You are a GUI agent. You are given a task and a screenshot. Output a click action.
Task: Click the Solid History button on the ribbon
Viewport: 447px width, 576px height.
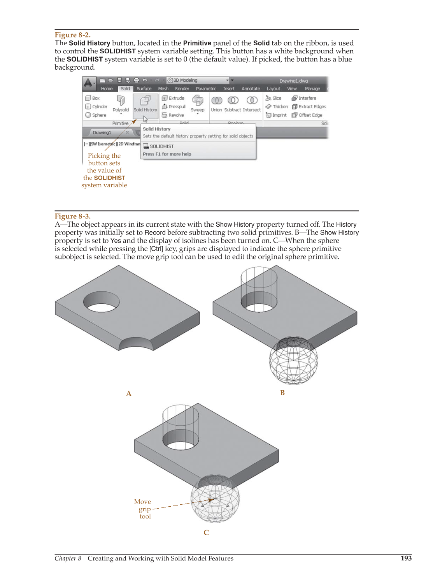pos(145,104)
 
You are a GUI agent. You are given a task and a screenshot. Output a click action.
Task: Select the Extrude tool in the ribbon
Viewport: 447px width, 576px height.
pos(173,98)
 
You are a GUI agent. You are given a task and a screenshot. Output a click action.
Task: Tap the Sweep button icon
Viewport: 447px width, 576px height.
pos(198,101)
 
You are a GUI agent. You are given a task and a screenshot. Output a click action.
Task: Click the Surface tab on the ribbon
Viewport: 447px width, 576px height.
pos(144,89)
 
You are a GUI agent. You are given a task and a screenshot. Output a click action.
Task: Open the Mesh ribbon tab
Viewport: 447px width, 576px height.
pos(163,89)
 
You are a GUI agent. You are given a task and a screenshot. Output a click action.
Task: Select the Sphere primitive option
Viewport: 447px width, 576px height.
pos(96,115)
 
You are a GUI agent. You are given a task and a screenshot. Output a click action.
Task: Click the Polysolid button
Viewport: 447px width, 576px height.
pos(121,104)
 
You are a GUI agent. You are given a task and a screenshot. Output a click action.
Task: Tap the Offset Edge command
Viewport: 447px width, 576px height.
pos(307,115)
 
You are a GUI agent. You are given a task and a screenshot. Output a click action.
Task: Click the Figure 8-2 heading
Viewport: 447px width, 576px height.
pos(72,35)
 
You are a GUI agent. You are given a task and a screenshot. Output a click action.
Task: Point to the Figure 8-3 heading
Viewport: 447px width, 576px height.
pos(72,217)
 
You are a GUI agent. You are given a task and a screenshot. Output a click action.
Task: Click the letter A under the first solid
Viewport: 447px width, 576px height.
pos(129,394)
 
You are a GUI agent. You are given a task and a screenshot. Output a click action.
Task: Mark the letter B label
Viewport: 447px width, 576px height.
pos(282,393)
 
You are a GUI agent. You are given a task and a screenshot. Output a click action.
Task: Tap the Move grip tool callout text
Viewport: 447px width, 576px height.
pos(144,509)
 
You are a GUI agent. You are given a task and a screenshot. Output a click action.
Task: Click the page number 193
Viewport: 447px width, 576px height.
pos(406,558)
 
